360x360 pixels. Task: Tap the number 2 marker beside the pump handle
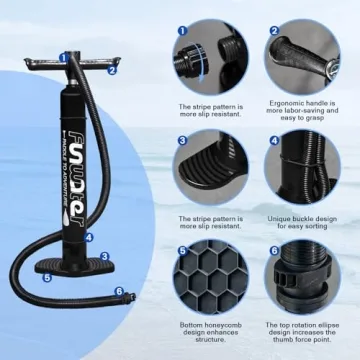(113, 70)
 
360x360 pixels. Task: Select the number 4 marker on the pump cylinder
(89, 238)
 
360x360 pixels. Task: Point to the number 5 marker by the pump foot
(47, 278)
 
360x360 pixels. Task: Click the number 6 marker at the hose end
(119, 292)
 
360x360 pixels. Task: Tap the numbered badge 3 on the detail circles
(183, 141)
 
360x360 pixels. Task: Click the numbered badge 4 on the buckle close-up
(272, 141)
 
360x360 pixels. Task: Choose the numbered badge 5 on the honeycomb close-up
(183, 252)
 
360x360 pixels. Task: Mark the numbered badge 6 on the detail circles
(272, 252)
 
